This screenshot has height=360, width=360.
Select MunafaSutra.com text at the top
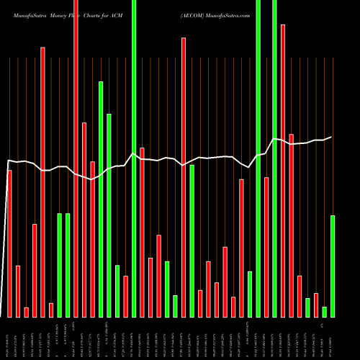231,14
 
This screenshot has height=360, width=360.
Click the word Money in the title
58,14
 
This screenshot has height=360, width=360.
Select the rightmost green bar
333,266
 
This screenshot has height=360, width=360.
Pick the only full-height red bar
76,158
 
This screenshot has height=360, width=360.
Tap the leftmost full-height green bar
134,158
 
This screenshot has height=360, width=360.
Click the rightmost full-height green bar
274,158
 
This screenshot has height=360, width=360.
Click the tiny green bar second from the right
325,312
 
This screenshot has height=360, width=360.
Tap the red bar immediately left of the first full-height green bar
125,296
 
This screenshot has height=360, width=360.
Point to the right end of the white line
331,137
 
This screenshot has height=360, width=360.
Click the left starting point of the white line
8,161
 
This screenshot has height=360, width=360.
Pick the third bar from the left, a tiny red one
26,312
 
